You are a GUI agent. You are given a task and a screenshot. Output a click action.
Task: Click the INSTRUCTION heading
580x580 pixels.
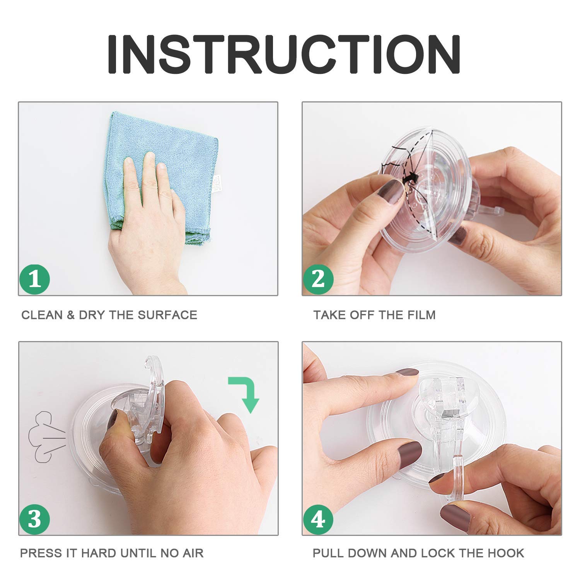(284, 55)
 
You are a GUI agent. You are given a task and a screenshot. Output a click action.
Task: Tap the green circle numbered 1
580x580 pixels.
(35, 278)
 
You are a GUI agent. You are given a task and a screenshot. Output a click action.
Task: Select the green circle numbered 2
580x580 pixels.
(318, 278)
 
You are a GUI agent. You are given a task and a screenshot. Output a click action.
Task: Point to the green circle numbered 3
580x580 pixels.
(35, 519)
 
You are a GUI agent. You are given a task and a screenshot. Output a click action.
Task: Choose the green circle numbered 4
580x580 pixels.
(318, 519)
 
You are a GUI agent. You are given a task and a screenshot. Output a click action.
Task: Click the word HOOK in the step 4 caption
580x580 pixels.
(507, 553)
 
